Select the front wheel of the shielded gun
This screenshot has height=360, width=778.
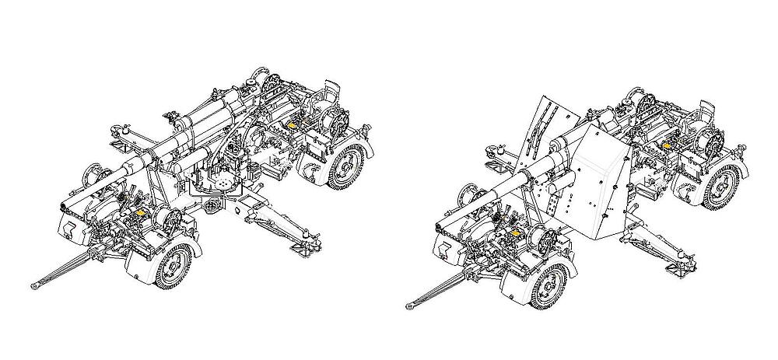coord(552,283)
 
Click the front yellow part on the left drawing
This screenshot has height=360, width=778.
coord(140,211)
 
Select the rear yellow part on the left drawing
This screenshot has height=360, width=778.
coord(293,123)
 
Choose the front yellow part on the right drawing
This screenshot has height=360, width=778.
coord(514,231)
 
